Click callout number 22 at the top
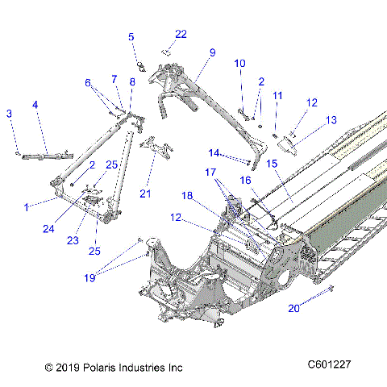pyautogui.click(x=181, y=34)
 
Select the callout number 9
pyautogui.click(x=212, y=52)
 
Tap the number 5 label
pyautogui.click(x=131, y=36)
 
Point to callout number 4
pyautogui.click(x=35, y=104)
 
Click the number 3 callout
pyautogui.click(x=9, y=114)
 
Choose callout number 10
pyautogui.click(x=239, y=63)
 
